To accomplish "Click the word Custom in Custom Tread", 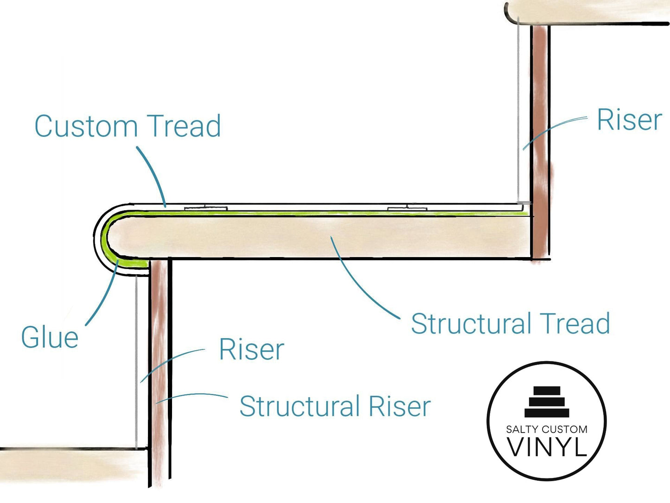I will click(86, 126).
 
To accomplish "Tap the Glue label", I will click(50, 337).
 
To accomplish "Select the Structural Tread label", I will click(510, 324).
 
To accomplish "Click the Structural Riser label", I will click(335, 406).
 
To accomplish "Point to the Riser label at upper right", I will click(629, 120).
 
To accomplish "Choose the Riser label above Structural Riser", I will click(251, 349).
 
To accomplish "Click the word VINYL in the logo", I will click(547, 447).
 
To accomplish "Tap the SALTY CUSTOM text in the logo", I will click(547, 429).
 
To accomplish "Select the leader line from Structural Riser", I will click(195, 395).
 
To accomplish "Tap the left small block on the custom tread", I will click(205, 208).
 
